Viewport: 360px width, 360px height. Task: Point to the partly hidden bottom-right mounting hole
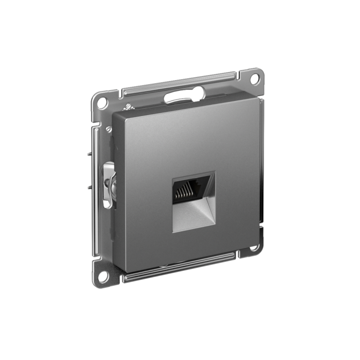click(255, 248)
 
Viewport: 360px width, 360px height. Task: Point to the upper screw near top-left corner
click(127, 107)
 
